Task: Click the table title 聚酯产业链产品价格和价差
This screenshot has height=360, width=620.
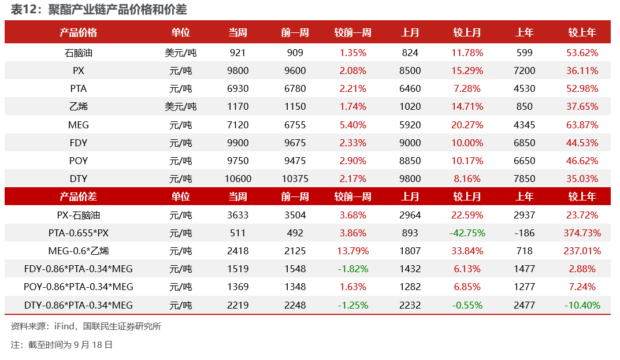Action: pos(117,9)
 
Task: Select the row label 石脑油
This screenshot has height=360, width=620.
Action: pos(78,53)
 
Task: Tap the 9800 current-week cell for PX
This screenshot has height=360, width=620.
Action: pos(237,71)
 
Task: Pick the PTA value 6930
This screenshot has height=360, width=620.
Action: pos(237,88)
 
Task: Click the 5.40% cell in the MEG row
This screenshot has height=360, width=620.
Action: pos(352,125)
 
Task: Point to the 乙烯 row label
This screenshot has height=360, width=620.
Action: pos(78,106)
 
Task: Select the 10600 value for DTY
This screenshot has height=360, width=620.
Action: pos(237,179)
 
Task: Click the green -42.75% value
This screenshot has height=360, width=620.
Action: pos(467,233)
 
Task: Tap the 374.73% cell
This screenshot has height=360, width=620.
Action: pos(582,233)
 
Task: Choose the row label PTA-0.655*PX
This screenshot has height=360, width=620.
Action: pos(78,233)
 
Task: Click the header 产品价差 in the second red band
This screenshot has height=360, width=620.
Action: pos(78,196)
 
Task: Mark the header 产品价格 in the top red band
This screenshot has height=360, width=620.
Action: pos(78,32)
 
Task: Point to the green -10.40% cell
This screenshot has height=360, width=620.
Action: pos(582,306)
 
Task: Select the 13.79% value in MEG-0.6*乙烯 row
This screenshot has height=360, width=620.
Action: pos(352,251)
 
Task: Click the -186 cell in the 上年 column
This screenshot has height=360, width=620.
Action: pos(524,233)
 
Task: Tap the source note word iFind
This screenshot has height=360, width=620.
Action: pos(64,326)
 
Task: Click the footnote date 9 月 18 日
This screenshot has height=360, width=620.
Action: pos(93,345)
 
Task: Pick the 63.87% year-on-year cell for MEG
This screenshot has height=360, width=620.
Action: pos(582,125)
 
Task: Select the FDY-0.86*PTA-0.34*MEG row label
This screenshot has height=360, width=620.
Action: pos(78,269)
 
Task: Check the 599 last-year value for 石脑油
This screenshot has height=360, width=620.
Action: pos(524,53)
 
